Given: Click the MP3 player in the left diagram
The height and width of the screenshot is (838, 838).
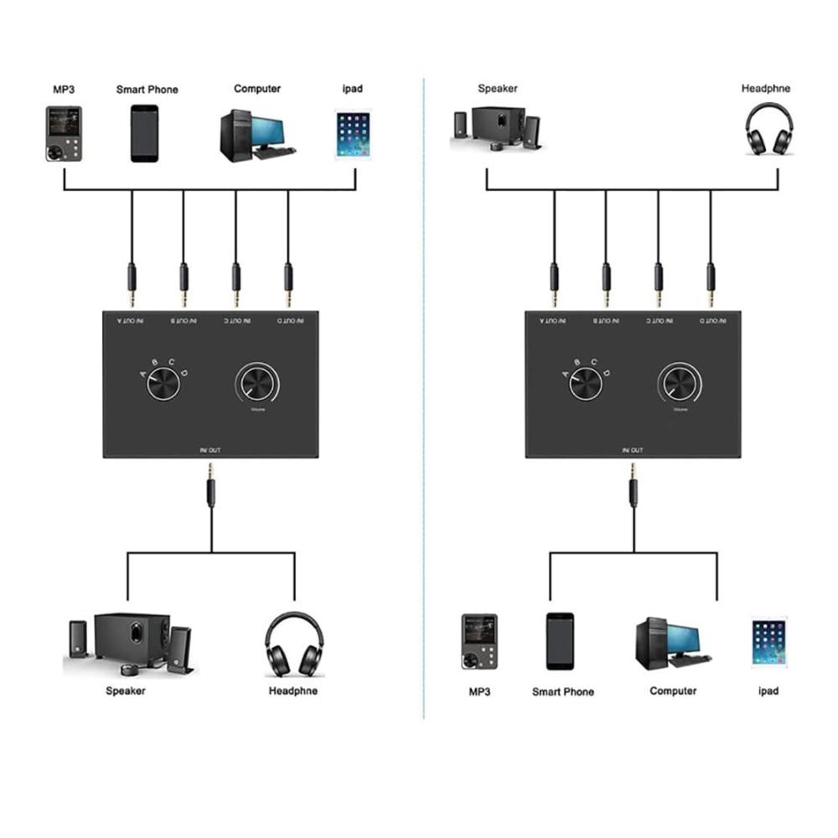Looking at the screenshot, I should [x=63, y=133].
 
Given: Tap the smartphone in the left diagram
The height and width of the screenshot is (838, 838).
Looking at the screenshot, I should [x=144, y=133].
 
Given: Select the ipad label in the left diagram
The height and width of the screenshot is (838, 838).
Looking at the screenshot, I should [x=353, y=89].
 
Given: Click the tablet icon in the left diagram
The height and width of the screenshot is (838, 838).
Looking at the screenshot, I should [x=353, y=134].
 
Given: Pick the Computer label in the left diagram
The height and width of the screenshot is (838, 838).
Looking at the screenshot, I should [x=257, y=89].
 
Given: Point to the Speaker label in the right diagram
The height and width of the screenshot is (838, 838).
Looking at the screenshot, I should [x=498, y=88].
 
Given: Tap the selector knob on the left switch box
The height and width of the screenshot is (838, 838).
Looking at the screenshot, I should [x=163, y=385].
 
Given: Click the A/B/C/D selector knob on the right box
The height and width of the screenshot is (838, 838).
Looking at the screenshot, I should [x=586, y=385].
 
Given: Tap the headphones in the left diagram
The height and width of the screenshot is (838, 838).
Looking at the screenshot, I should [x=294, y=644].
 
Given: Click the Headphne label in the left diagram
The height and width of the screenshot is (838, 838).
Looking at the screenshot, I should [x=293, y=691].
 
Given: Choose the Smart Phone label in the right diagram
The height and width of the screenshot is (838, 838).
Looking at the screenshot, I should [x=563, y=692].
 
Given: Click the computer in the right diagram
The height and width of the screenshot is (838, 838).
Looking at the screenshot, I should [x=672, y=642].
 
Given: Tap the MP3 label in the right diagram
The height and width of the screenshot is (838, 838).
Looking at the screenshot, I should [x=479, y=691].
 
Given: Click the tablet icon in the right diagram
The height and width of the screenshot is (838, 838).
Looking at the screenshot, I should [x=769, y=642].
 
